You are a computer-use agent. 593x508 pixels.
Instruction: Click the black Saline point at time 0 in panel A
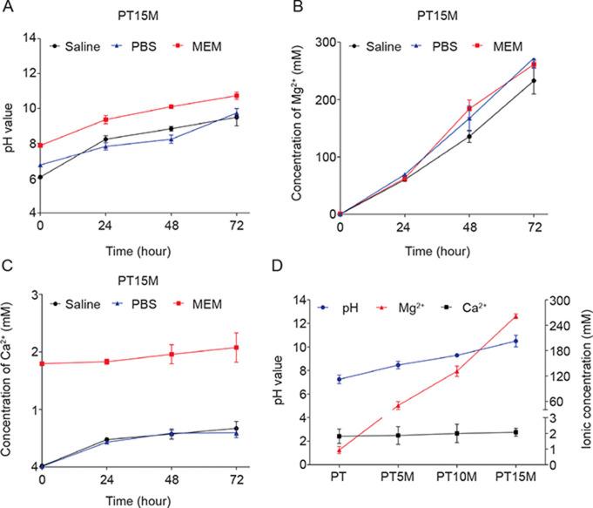coord(41,177)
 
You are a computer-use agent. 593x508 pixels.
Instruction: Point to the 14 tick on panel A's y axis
coord(29,38)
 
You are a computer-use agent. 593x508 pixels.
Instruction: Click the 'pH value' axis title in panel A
coord(10,126)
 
